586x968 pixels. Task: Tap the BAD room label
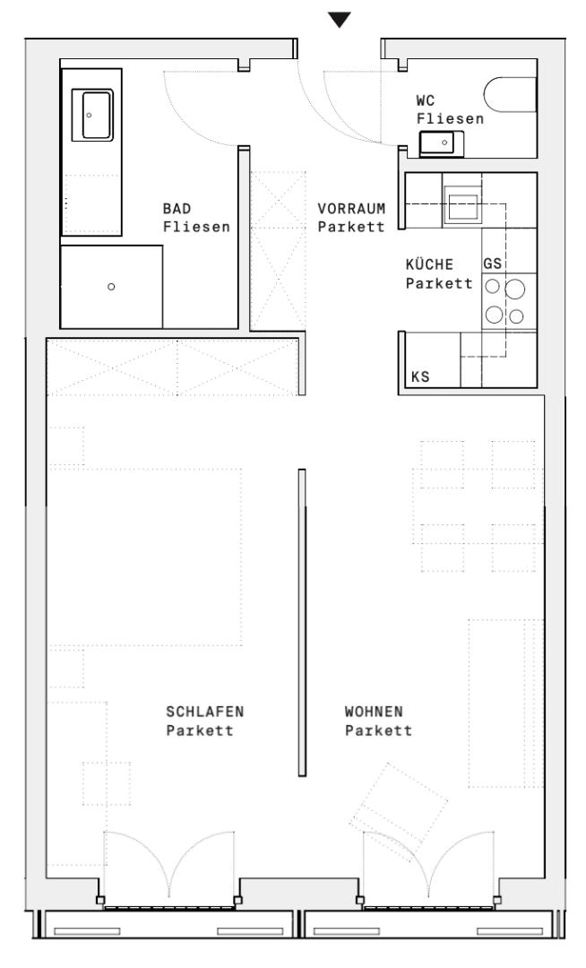[177, 208]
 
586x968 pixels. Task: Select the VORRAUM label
[351, 208]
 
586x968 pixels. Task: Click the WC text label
[427, 101]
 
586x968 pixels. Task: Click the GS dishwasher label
[492, 264]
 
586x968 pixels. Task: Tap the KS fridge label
[419, 376]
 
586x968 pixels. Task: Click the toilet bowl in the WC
[511, 95]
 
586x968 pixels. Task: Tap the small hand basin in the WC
[441, 142]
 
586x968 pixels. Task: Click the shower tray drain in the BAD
[111, 287]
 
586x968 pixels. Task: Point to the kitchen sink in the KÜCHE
[464, 205]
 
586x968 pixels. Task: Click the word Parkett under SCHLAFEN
[200, 730]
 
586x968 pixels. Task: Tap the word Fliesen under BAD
[196, 228]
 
